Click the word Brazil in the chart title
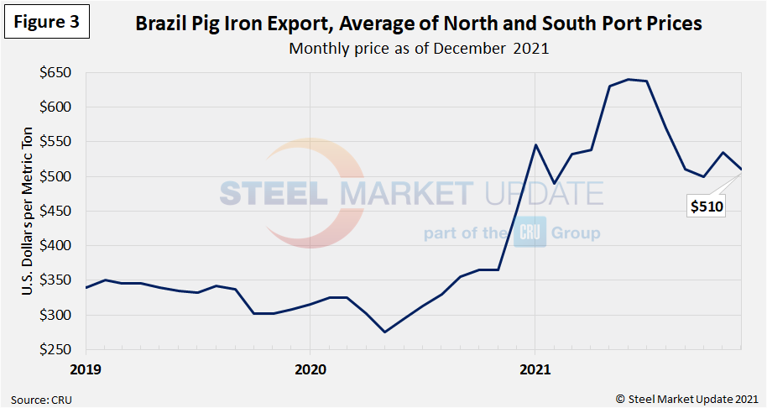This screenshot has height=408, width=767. [x=161, y=24]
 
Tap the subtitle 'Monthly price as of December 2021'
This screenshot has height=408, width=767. [x=418, y=48]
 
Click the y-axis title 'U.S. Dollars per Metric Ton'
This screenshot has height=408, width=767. [x=29, y=212]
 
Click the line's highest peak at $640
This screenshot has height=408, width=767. [x=628, y=80]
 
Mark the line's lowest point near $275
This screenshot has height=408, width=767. [x=385, y=332]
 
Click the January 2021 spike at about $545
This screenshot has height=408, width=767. [x=536, y=145]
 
